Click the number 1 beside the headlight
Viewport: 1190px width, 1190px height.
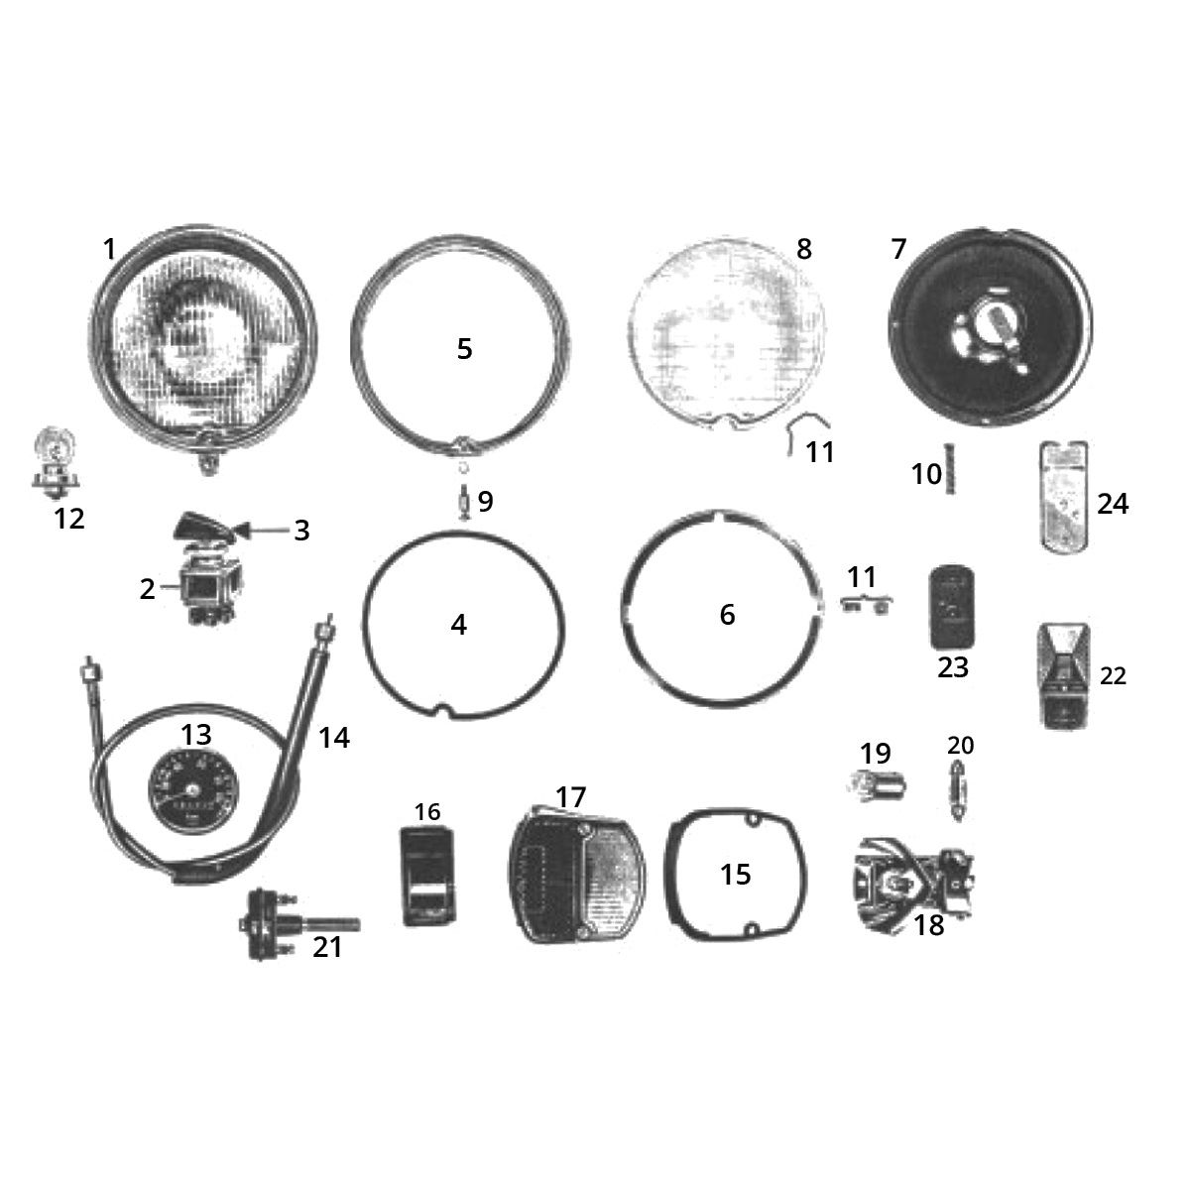tap(109, 250)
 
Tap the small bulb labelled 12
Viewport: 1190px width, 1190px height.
tap(56, 464)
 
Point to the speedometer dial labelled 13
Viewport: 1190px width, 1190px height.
tap(192, 791)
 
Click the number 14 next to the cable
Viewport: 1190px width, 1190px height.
tap(334, 738)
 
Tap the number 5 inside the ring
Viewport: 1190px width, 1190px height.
tap(464, 349)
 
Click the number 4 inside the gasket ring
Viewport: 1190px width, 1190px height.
tap(458, 625)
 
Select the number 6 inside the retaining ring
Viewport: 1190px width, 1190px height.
tap(728, 615)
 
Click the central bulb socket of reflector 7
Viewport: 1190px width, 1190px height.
tap(987, 328)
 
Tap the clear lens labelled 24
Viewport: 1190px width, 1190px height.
tap(1063, 495)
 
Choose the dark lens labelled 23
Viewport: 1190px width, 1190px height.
tap(952, 607)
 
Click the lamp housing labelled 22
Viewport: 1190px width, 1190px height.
tap(1062, 676)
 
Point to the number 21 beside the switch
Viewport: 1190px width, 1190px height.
tap(327, 947)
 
